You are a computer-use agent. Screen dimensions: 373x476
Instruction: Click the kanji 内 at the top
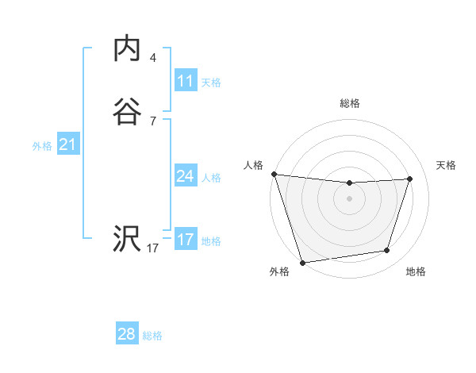coord(126,48)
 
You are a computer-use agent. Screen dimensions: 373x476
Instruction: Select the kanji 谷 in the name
coord(126,112)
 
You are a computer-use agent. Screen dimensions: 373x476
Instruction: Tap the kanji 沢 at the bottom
coord(126,240)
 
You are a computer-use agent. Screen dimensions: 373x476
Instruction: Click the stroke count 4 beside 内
coord(152,58)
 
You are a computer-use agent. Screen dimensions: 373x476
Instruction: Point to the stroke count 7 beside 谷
coord(152,121)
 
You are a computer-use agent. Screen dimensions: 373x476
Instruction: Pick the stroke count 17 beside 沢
coord(152,248)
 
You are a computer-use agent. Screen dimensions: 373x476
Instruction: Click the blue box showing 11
coord(186,81)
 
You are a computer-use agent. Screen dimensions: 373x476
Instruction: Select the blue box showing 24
coord(186,176)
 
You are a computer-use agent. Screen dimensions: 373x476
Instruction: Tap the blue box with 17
coord(186,240)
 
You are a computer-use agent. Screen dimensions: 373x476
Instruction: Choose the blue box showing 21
coord(67,144)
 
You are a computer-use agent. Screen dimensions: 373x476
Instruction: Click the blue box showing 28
coord(127,334)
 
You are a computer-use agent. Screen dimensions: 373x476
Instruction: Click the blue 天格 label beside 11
coord(211,82)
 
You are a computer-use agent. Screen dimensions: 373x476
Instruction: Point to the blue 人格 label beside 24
coord(211,177)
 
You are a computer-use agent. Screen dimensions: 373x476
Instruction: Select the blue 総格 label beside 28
coord(152,335)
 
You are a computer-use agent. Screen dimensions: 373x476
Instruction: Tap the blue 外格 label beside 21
coord(42,145)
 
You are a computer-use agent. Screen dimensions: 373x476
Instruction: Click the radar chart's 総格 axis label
coord(349,104)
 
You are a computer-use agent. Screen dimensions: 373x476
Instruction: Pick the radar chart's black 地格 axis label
coord(416,271)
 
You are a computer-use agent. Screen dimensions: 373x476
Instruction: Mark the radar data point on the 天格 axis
coord(410,179)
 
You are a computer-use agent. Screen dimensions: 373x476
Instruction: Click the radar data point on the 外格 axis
coord(302,262)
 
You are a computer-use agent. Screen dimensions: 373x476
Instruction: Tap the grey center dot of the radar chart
coord(349,198)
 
